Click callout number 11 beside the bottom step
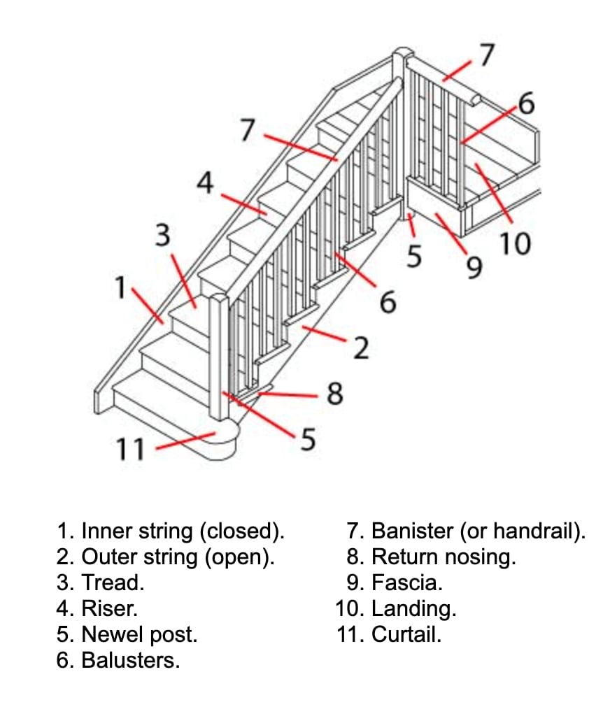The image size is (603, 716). [129, 449]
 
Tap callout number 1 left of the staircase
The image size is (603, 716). [121, 287]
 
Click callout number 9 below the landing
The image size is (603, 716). [474, 266]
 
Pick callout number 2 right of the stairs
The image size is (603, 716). [360, 348]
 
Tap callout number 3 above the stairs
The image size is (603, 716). [162, 236]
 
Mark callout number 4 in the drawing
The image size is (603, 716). [204, 183]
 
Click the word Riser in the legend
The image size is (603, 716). [108, 608]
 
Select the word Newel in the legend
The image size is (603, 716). [111, 634]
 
